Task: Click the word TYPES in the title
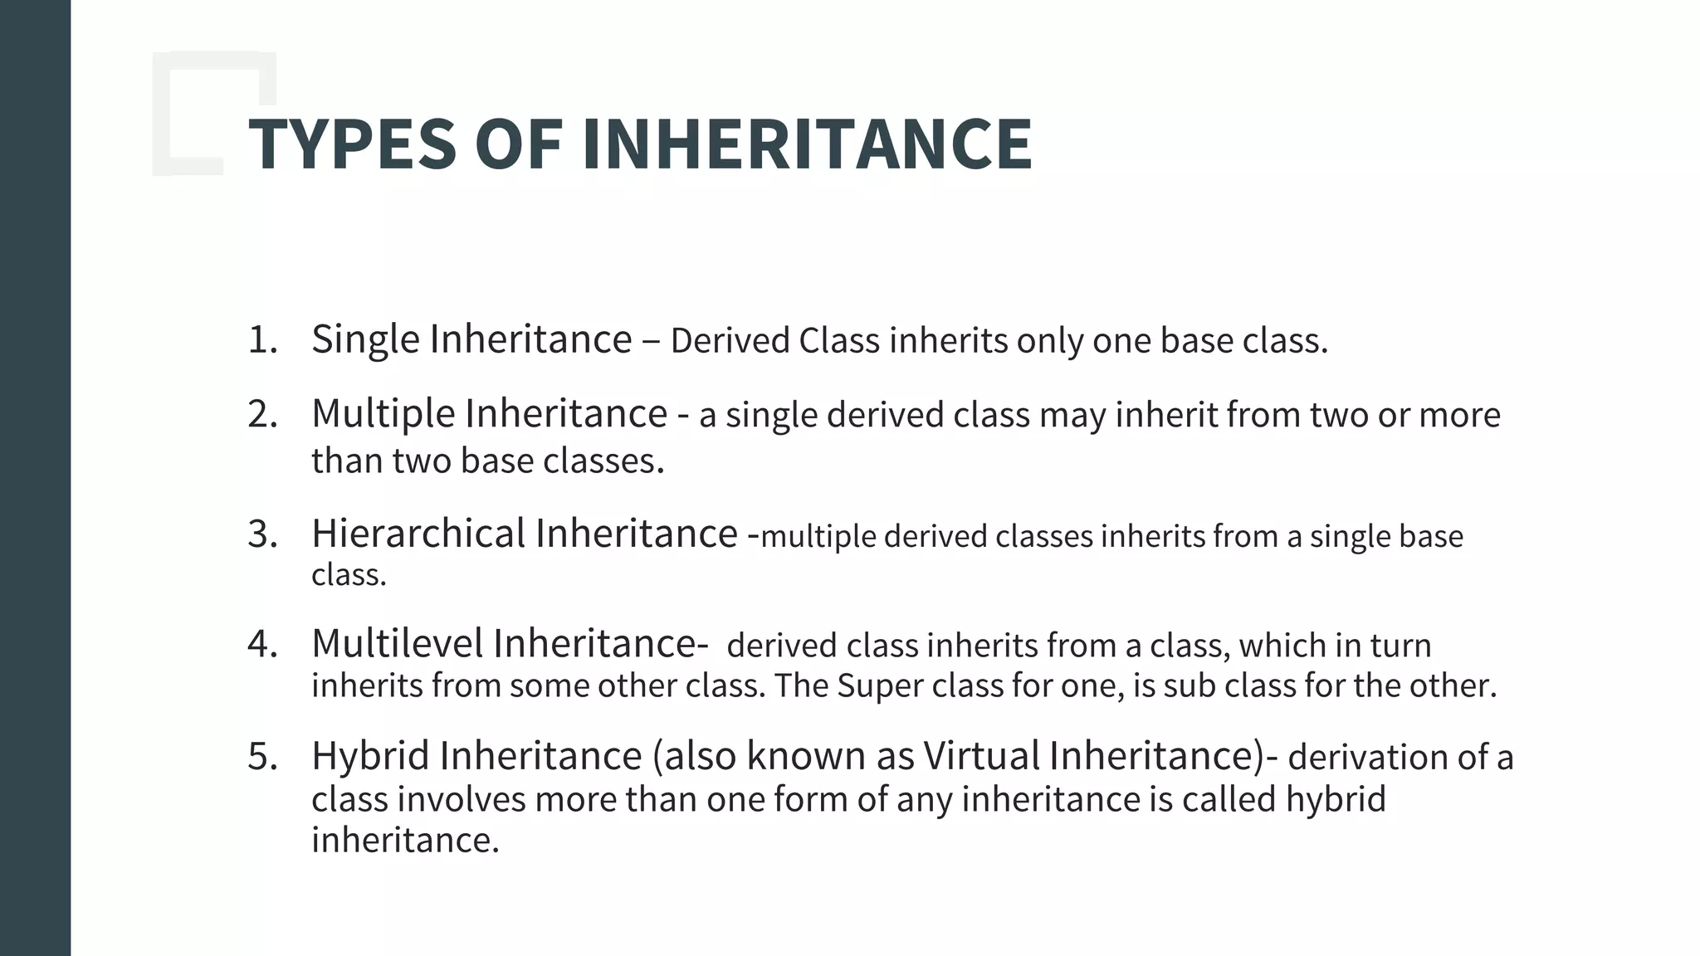coord(353,144)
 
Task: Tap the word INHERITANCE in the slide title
coord(807,144)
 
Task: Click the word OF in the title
coord(519,144)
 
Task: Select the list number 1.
coord(261,339)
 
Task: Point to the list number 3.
coord(262,534)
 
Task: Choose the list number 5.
coord(262,756)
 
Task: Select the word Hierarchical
coord(418,533)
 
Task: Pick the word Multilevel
coord(398,643)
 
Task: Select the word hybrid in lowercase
coord(1336,799)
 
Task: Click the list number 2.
coord(262,413)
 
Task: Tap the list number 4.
coord(262,644)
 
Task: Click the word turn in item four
coord(1400,646)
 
